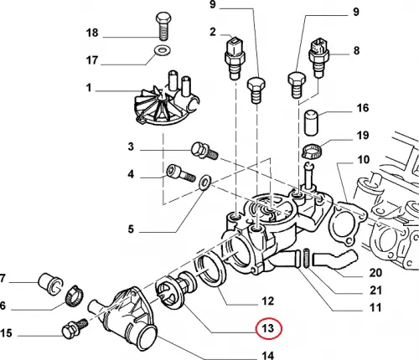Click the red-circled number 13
(x=268, y=328)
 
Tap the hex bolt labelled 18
(x=163, y=27)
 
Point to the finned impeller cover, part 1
(x=166, y=100)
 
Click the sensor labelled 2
(x=234, y=58)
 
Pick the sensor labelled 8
(x=318, y=58)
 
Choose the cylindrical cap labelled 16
(x=311, y=123)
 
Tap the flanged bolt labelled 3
(x=204, y=151)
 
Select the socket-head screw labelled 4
(x=181, y=173)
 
